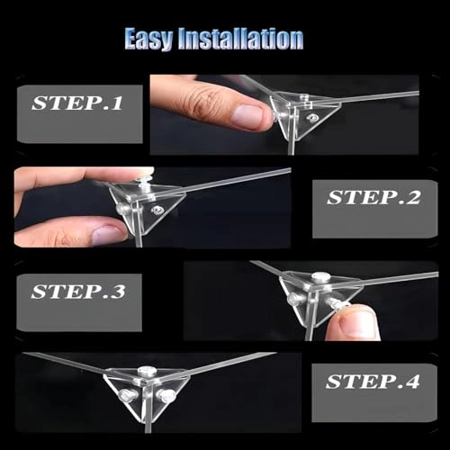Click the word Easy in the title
tap(148, 39)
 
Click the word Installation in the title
tap(240, 39)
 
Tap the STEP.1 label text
tap(77, 103)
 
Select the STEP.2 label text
tap(373, 198)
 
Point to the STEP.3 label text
tap(78, 292)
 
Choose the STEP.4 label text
tap(373, 382)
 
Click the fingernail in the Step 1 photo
tap(247, 117)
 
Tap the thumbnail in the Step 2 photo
tap(109, 235)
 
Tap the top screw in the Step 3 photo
tap(320, 276)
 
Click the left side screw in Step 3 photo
tap(293, 299)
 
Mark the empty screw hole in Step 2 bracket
tap(157, 210)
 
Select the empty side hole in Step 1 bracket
tap(313, 118)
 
